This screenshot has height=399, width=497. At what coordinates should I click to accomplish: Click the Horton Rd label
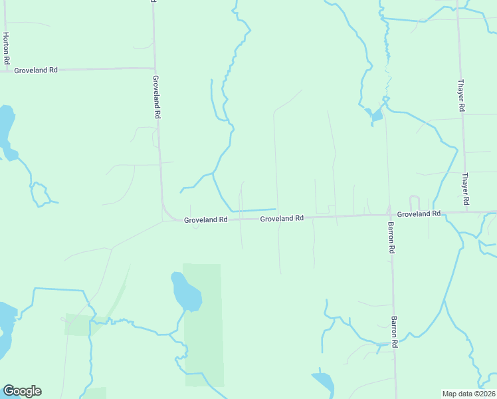tap(6, 48)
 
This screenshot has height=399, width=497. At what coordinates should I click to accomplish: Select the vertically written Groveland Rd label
tap(156, 96)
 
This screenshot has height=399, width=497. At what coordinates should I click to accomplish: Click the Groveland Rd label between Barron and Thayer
tap(419, 213)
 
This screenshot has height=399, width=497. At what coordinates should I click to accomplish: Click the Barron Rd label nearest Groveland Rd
tap(391, 237)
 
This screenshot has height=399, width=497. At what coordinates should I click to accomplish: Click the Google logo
tap(22, 391)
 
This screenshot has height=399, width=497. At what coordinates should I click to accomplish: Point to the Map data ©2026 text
tap(468, 393)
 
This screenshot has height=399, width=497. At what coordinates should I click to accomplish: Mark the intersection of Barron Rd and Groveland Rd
tap(389, 214)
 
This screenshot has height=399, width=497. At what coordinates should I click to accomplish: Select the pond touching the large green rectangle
tap(186, 292)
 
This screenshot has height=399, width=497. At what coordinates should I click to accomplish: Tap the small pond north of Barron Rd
tap(376, 116)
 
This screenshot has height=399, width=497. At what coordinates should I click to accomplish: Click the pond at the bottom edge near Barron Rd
tap(324, 382)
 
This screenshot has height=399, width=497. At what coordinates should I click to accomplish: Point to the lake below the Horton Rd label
tap(6, 130)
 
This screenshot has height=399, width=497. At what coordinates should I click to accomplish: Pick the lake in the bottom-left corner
tap(5, 329)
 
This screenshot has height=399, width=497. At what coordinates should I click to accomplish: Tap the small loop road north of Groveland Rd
tap(415, 201)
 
